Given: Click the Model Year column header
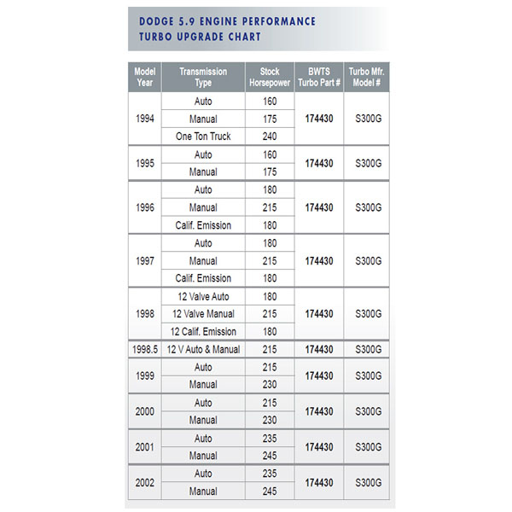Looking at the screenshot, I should (144, 78).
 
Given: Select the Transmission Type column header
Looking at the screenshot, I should (203, 78).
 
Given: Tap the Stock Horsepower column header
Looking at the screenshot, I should (269, 78).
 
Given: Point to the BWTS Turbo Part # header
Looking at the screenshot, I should (318, 78).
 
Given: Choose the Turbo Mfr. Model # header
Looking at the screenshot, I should (367, 78).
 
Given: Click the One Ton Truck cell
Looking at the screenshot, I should (203, 137).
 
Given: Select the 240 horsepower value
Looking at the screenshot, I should (270, 137).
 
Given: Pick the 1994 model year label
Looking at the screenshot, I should (145, 119).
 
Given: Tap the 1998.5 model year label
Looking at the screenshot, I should (145, 349).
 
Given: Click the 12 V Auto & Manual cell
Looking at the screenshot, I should (203, 349).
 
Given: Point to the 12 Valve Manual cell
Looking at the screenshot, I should (203, 314).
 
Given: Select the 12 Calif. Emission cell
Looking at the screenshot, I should (203, 331).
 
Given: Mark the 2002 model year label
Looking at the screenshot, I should (145, 482).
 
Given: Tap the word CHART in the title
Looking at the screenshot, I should (244, 38).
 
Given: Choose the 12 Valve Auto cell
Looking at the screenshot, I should (203, 296).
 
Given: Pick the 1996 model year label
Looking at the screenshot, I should (145, 207).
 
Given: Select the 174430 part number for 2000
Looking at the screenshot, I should (318, 411).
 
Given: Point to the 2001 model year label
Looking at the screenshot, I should (145, 446).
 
